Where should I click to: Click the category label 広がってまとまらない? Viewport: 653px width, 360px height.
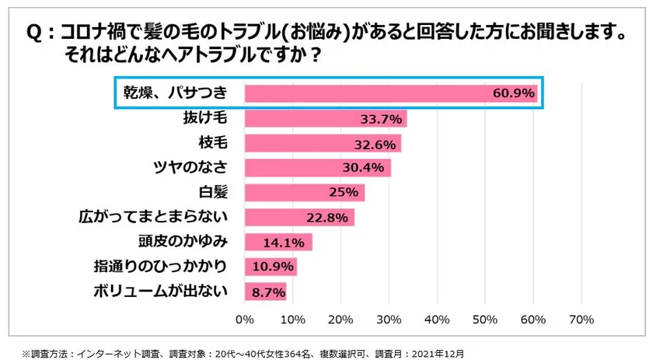tap(154, 217)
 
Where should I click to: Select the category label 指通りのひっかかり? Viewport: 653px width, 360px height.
tap(159, 267)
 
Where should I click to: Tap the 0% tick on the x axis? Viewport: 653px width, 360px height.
tap(245, 320)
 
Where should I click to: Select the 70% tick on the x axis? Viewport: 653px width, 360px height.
tap(581, 320)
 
